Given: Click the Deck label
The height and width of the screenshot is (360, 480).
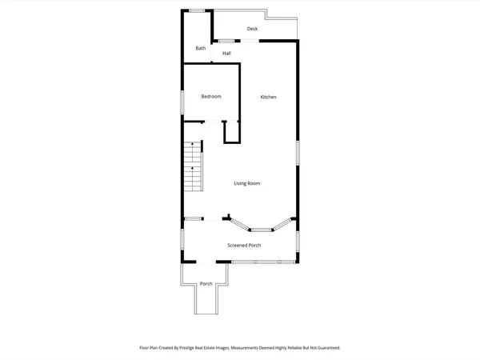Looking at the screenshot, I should (x=252, y=29).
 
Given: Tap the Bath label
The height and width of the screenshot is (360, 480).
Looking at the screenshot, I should (x=200, y=49).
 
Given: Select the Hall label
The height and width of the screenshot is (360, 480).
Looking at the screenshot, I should (x=226, y=54).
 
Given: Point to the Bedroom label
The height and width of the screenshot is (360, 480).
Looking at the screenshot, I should (x=210, y=97).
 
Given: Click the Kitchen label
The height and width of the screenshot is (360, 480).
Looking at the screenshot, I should (x=269, y=98).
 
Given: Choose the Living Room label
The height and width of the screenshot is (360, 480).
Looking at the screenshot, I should (x=246, y=183).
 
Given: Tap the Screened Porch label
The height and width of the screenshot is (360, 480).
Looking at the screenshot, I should (x=244, y=246).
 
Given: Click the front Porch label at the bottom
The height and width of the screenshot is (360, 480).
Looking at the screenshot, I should (x=206, y=284).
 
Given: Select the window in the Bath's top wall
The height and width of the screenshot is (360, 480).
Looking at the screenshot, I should (x=195, y=10).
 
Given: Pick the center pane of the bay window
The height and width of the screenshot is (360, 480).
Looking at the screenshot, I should (x=261, y=230).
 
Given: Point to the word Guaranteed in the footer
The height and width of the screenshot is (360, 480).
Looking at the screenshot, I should (x=326, y=348).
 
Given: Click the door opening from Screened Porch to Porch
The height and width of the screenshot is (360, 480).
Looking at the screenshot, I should (x=206, y=263).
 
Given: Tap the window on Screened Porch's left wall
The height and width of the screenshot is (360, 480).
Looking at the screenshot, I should (x=181, y=240).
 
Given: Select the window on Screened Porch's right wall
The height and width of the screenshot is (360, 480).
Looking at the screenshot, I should (x=298, y=239).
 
